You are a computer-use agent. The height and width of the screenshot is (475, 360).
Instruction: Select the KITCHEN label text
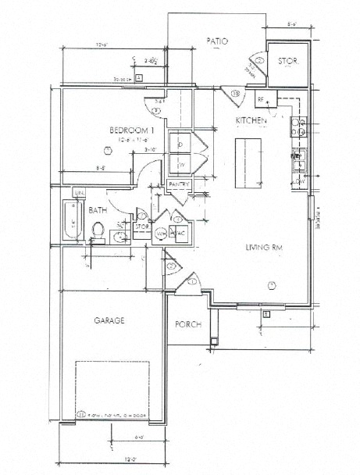point(251,121)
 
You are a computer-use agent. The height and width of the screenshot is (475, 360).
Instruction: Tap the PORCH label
point(187,325)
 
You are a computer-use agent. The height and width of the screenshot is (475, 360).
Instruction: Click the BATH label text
point(97,210)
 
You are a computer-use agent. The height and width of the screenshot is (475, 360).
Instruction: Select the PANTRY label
point(179,184)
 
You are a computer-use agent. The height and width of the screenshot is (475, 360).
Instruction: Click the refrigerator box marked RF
point(262,100)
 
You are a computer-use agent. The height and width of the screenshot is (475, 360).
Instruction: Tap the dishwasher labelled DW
point(299,181)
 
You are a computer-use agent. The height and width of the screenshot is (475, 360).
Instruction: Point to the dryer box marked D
point(180,145)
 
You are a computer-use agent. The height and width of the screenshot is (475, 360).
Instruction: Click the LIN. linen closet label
point(79,192)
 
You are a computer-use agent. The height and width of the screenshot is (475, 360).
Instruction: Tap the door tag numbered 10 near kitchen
point(236,94)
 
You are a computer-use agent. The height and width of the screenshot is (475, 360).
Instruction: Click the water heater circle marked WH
point(161,234)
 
